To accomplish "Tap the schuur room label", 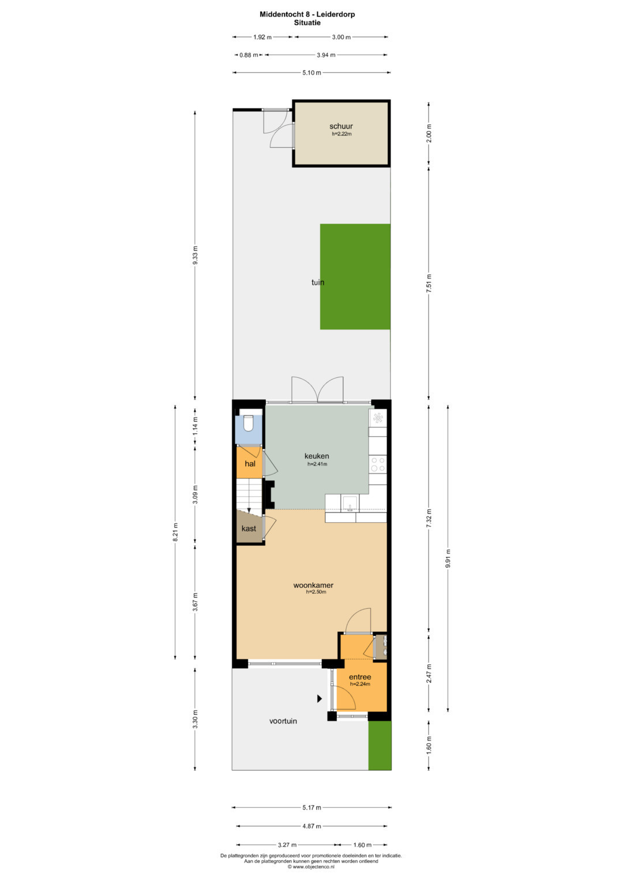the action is click(341, 126).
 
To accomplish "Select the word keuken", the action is click(317, 456).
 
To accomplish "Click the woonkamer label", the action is click(313, 585).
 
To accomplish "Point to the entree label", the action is click(360, 677).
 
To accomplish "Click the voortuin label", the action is click(283, 721).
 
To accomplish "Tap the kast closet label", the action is click(249, 528).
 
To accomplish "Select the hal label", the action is click(250, 464).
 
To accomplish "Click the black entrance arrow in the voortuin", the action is click(320, 699).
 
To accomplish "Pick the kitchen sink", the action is click(350, 503).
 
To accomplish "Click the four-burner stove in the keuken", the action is click(378, 464).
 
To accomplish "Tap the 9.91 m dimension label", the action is click(448, 558).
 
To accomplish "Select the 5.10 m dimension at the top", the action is click(311, 73).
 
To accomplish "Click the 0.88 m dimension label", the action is click(249, 55).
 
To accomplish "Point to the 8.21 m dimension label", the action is click(175, 532).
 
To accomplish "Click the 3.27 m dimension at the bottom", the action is click(287, 845).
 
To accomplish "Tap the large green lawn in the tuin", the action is click(355, 276).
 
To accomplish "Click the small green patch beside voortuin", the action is click(380, 745).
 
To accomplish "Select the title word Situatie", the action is click(307, 23).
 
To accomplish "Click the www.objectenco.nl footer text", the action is click(311, 867).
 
